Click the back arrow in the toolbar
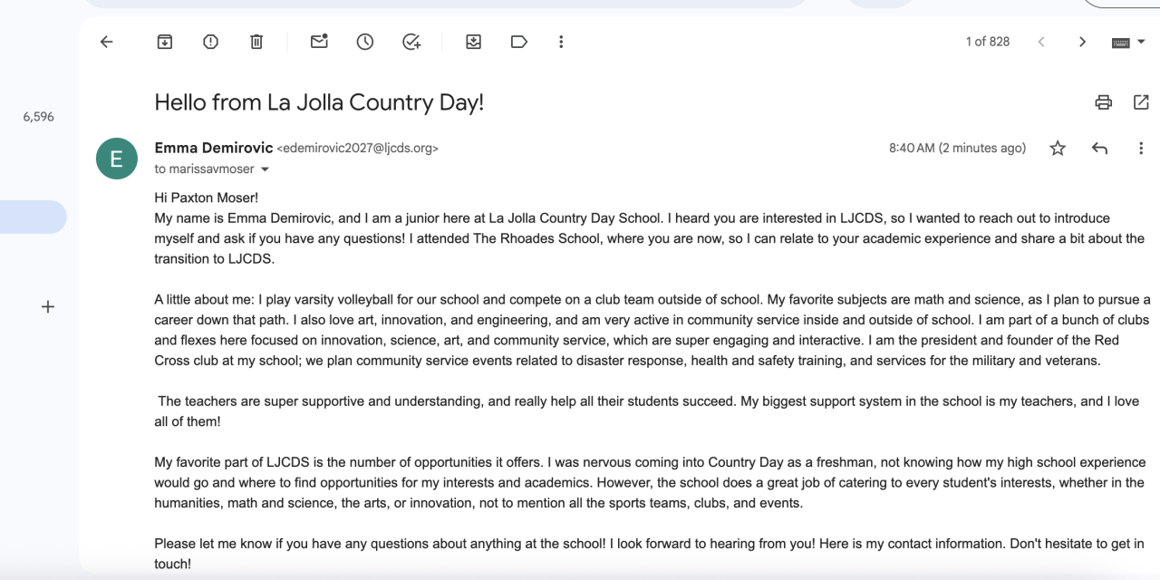pyautogui.click(x=107, y=42)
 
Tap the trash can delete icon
pyautogui.click(x=256, y=42)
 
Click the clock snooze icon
pyautogui.click(x=365, y=42)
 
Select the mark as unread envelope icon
pyautogui.click(x=319, y=42)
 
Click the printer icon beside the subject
pyautogui.click(x=1103, y=102)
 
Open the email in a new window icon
pyautogui.click(x=1141, y=102)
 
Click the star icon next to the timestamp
pyautogui.click(x=1058, y=149)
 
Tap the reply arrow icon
pyautogui.click(x=1099, y=149)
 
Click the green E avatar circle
pyautogui.click(x=117, y=159)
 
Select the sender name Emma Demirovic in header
pyautogui.click(x=213, y=148)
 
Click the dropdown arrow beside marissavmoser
pyautogui.click(x=266, y=169)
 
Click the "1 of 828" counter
pyautogui.click(x=987, y=42)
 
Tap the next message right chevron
pyautogui.click(x=1082, y=42)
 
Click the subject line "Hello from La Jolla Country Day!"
pyautogui.click(x=319, y=102)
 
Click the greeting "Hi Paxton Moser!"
pyautogui.click(x=207, y=198)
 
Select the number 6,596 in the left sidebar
pyautogui.click(x=38, y=117)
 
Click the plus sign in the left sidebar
pyautogui.click(x=48, y=307)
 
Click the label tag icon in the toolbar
pyautogui.click(x=519, y=42)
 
